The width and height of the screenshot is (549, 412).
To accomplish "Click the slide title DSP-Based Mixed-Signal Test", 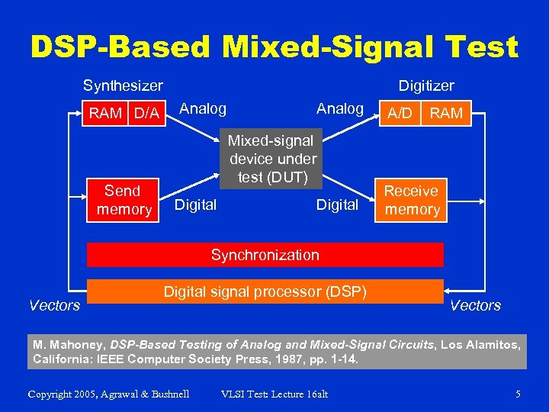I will [x=274, y=47].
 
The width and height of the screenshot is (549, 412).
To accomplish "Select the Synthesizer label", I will [x=123, y=86].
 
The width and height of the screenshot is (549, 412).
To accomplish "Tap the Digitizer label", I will [x=426, y=86].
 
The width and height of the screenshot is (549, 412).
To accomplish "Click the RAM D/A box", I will [x=124, y=114].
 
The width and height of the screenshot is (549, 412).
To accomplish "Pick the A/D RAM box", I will [x=425, y=114].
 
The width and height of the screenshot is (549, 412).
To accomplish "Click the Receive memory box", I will [x=411, y=200].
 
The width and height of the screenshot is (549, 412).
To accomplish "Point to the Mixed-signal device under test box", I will [x=273, y=159].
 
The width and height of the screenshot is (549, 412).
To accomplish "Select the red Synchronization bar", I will [x=265, y=255].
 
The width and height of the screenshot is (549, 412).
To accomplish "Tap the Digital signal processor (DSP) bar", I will [x=265, y=291].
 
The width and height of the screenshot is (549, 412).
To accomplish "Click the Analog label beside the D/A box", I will [x=202, y=108].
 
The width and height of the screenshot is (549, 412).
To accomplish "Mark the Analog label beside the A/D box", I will [x=340, y=108].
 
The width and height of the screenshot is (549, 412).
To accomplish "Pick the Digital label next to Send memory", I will [x=196, y=204].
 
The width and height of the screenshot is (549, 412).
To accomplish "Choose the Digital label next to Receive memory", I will [x=337, y=204].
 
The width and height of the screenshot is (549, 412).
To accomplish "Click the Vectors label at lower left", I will [x=54, y=305].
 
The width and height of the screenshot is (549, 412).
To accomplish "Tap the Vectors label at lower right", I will [x=475, y=305].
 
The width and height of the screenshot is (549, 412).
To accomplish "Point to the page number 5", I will [x=518, y=394].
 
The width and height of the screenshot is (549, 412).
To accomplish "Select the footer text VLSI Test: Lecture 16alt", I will [x=274, y=394].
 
